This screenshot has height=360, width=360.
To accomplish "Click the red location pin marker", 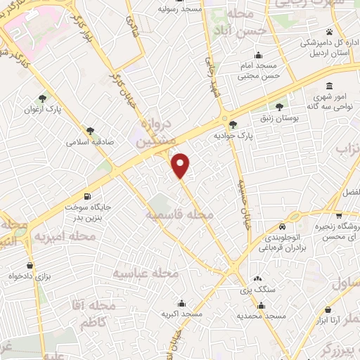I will point(181,165).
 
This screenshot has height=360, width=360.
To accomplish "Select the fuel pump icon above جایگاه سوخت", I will point(87,197).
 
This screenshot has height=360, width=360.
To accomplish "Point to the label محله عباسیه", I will point(146,273).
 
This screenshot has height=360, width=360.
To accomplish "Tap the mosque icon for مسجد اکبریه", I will point(182,303).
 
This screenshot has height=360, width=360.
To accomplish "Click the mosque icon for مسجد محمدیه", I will point(261,306).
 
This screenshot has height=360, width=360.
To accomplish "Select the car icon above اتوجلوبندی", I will point(282,227).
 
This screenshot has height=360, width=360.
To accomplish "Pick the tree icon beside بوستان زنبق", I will point(280,107).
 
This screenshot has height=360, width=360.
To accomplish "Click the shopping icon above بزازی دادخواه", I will point(29,266).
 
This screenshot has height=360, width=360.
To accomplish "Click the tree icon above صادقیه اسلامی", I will point(91,130).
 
